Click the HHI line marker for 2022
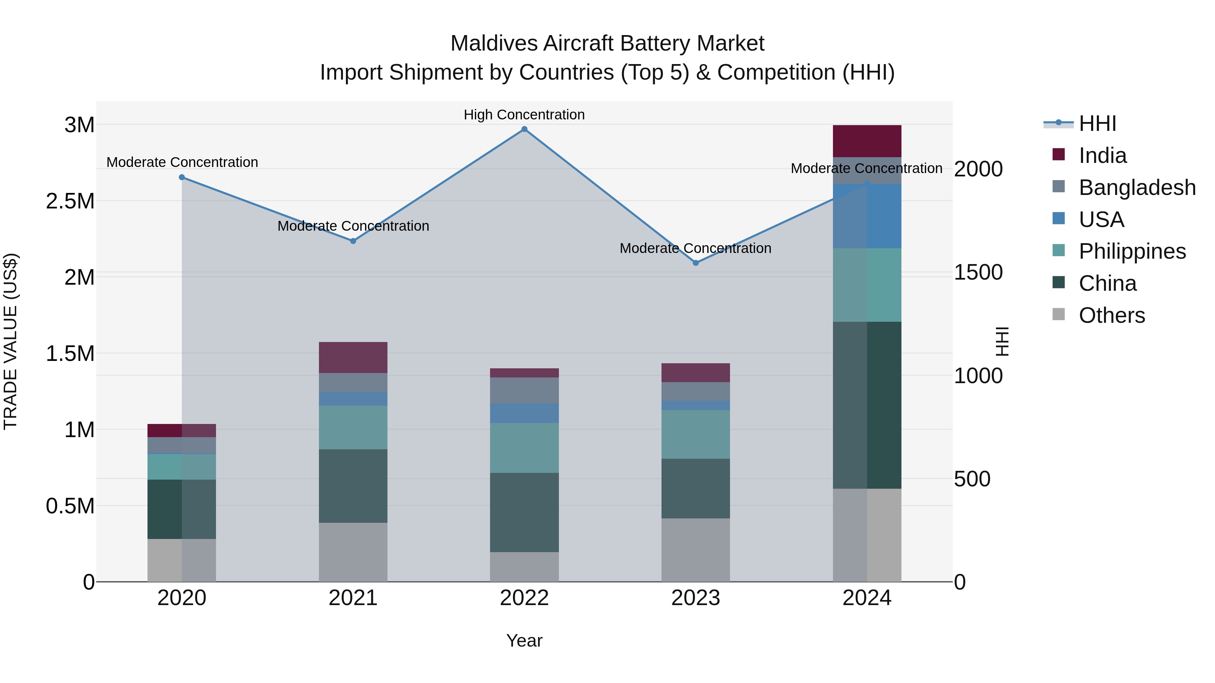pos(524,129)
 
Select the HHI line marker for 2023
pos(695,263)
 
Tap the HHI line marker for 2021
pos(353,241)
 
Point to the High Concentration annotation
pos(524,115)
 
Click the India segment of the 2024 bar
pos(867,141)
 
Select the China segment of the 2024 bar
pos(867,405)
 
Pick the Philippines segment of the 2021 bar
pos(353,428)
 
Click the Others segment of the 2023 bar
pos(695,550)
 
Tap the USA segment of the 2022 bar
pos(524,414)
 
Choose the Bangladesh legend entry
pos(1137,188)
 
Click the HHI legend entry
pos(1097,123)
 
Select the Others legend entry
pos(1111,315)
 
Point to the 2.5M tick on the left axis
pos(70,201)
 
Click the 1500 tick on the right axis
pos(978,273)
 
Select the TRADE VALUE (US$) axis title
pos(10,341)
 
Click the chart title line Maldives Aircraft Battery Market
pos(607,44)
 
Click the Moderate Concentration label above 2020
pos(182,163)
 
